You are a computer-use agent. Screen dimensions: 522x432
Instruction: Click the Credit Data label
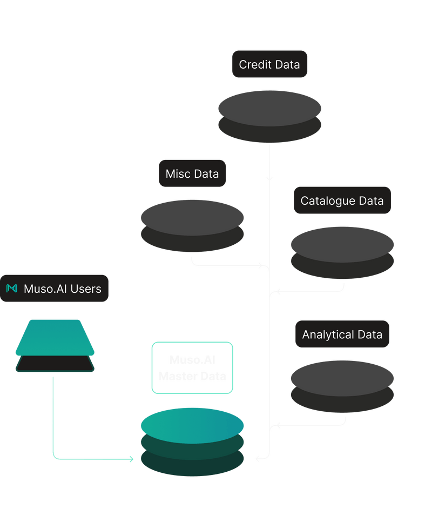[x=269, y=64]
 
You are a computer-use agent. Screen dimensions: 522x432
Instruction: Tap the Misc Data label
[x=192, y=173]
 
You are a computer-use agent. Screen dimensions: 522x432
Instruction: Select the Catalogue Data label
[x=342, y=200]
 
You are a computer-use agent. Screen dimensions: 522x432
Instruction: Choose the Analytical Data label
[x=342, y=334]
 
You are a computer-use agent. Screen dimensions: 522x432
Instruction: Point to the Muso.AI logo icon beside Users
[x=11, y=289]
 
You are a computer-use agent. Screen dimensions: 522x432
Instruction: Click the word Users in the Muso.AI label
[x=86, y=289]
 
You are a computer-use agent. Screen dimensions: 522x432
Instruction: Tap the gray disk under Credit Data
[x=269, y=108]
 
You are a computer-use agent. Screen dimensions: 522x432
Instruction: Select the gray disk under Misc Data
[x=192, y=217]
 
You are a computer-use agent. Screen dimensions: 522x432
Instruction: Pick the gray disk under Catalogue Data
[x=342, y=244]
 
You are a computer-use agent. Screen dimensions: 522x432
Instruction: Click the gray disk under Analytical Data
[x=342, y=378]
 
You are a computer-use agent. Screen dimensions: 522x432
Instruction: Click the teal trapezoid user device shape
[x=55, y=337]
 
